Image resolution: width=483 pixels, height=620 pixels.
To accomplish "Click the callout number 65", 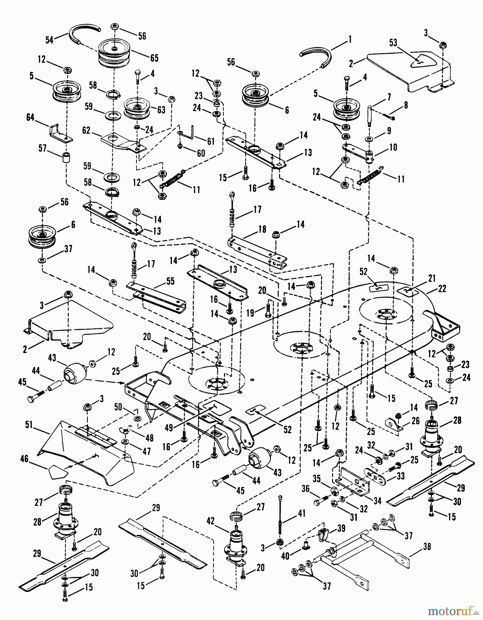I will [x=154, y=58].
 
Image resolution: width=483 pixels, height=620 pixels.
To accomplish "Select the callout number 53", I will [x=393, y=43].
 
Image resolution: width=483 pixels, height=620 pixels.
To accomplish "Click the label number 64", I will [x=30, y=118].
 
